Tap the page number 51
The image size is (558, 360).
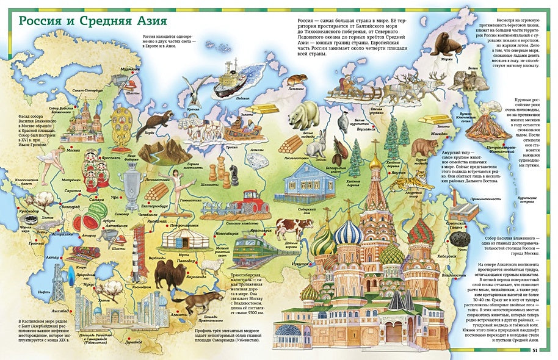[535, 350]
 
